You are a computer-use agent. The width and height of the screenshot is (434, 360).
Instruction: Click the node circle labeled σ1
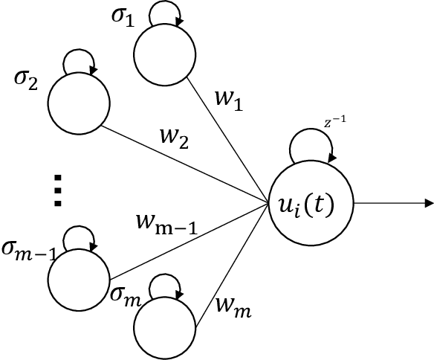pyautogui.click(x=164, y=55)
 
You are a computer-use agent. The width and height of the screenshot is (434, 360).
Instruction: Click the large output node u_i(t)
pyautogui.click(x=311, y=202)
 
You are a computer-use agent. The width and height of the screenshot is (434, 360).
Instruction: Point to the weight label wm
pyautogui.click(x=233, y=304)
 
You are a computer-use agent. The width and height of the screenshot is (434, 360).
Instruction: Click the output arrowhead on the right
pyautogui.click(x=428, y=202)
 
